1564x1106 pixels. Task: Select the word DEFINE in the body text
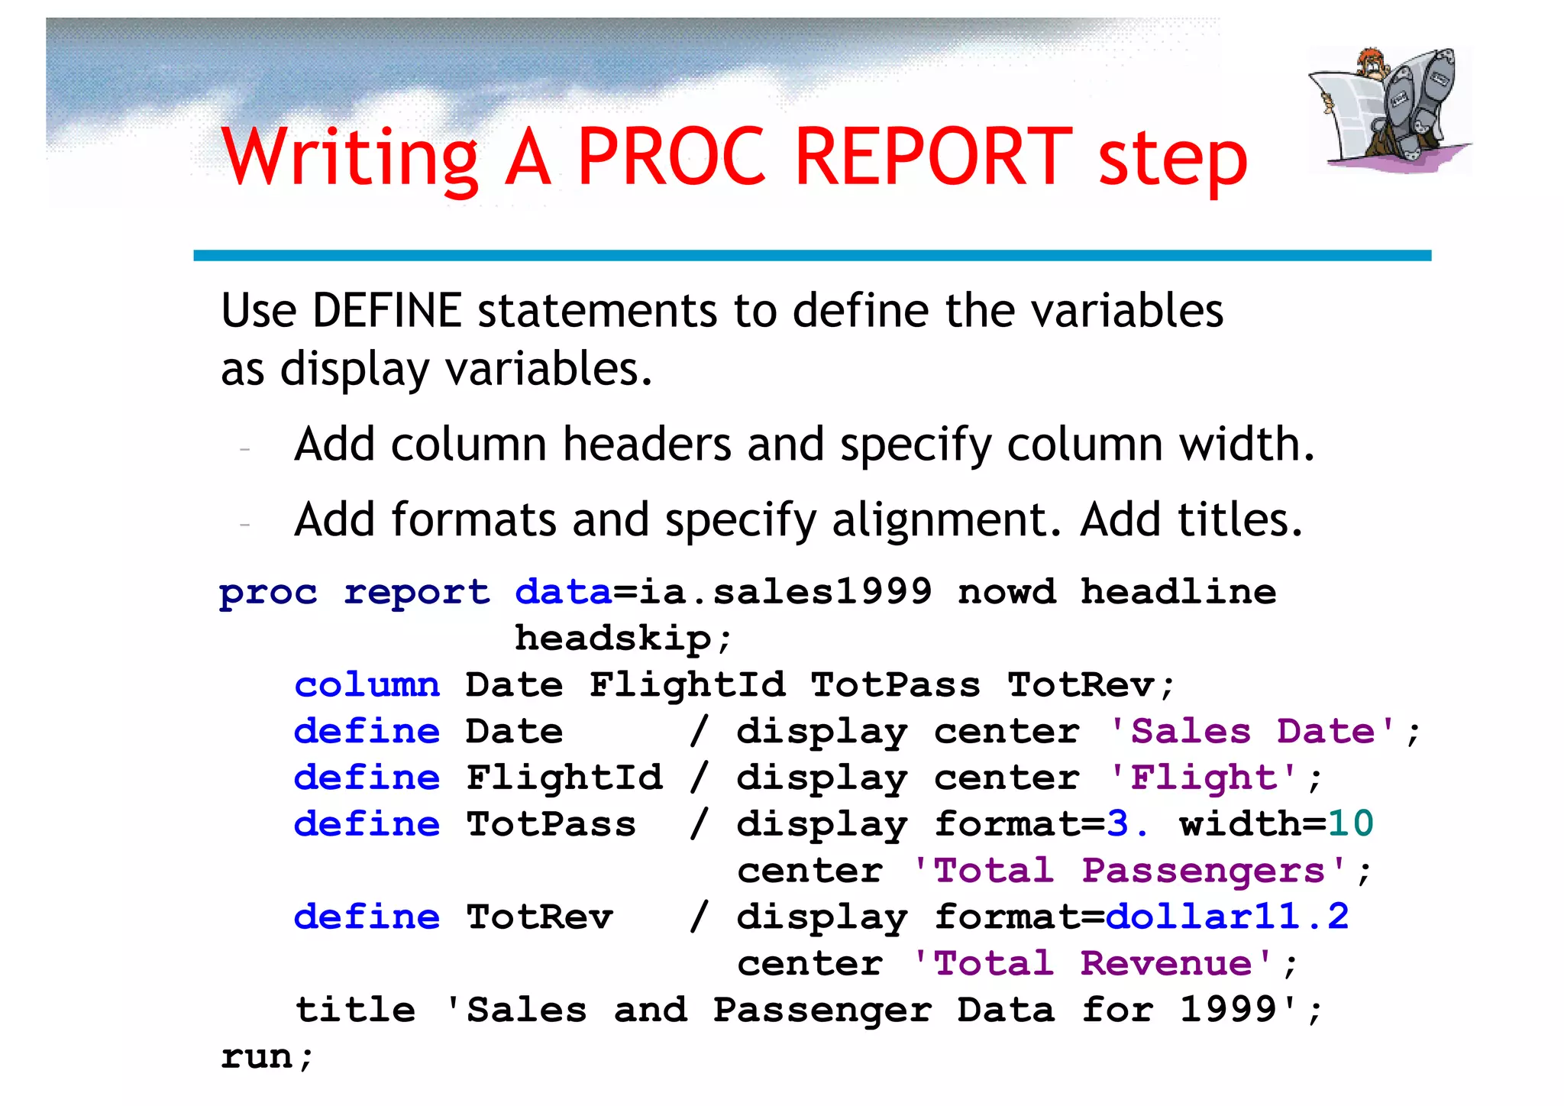tap(387, 311)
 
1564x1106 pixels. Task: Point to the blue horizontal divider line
tap(812, 256)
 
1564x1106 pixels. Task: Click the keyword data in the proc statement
tap(564, 593)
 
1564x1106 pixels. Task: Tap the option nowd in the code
tap(1007, 593)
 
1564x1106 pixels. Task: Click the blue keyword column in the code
tap(367, 685)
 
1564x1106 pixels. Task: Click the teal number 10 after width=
tap(1351, 824)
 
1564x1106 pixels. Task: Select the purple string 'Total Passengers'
tap(1130, 871)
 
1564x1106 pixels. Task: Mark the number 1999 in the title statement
tap(1228, 1010)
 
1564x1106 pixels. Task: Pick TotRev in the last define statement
tap(540, 917)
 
